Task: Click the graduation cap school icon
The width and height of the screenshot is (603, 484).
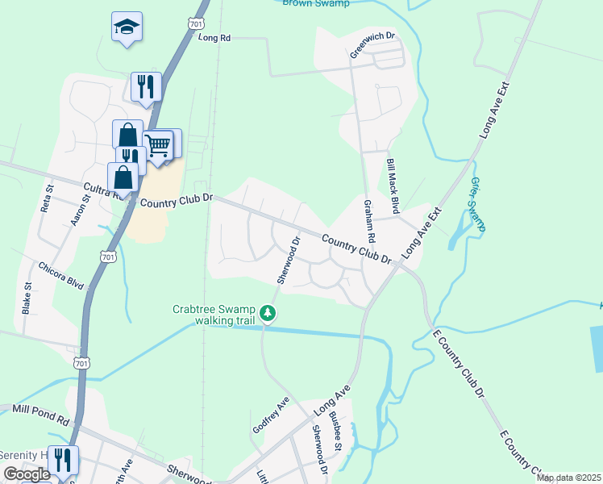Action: pyautogui.click(x=127, y=27)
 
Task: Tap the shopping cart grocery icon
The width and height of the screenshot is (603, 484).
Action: pyautogui.click(x=159, y=145)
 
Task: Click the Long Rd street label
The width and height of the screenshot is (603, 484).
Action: pyautogui.click(x=214, y=38)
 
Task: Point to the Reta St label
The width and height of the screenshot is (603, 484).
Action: pyautogui.click(x=47, y=198)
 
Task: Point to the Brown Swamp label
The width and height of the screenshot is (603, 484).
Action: pyautogui.click(x=317, y=3)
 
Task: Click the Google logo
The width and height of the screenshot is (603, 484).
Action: pyautogui.click(x=26, y=474)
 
